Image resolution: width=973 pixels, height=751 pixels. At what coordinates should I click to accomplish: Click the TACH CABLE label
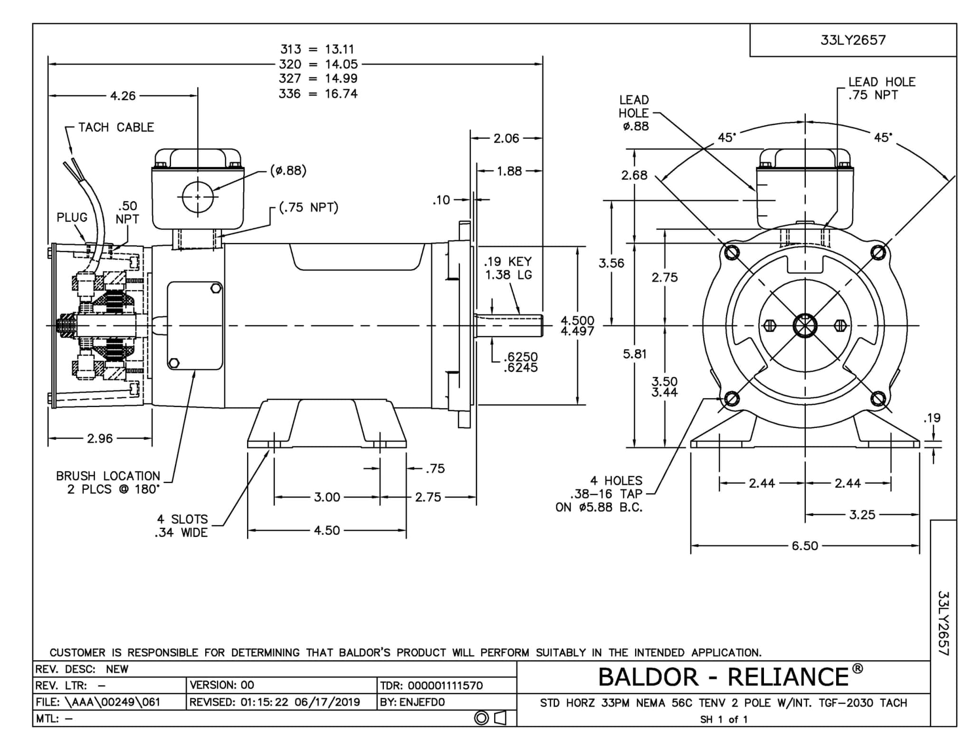coord(116,127)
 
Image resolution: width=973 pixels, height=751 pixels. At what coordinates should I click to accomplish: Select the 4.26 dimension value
coord(123,96)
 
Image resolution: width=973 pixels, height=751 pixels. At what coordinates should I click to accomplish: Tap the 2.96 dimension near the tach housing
coord(100,438)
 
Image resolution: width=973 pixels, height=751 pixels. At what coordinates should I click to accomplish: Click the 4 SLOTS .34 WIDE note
coord(182,526)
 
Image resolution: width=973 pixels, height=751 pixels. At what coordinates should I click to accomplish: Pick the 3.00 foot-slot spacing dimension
coord(327,497)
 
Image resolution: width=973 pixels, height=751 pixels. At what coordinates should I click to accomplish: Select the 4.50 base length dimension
coord(327,530)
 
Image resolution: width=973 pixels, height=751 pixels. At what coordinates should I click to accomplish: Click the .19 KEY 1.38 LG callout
coord(508,268)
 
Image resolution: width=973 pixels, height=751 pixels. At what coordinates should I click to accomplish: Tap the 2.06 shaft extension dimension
coord(506,138)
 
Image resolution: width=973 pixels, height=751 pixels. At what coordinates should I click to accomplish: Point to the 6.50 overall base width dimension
coord(805,545)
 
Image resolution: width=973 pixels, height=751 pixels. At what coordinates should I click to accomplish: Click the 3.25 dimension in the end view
coord(862,515)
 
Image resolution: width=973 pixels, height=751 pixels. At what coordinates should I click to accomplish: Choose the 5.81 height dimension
coord(635,354)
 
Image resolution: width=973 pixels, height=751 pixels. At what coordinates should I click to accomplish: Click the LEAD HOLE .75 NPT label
coord(881,88)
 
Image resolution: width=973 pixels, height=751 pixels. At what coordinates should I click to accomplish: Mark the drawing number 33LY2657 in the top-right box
coord(853,40)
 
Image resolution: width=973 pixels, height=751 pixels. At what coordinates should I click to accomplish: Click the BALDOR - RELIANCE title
coord(724,677)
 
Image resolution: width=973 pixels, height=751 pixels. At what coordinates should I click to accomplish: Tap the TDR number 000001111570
coord(431,685)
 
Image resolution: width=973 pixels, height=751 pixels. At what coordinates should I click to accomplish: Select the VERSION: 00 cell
coord(222,685)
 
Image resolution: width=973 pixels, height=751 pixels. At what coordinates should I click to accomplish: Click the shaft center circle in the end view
coord(805,326)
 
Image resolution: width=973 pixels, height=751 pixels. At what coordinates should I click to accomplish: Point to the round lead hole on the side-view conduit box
coord(198,197)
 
